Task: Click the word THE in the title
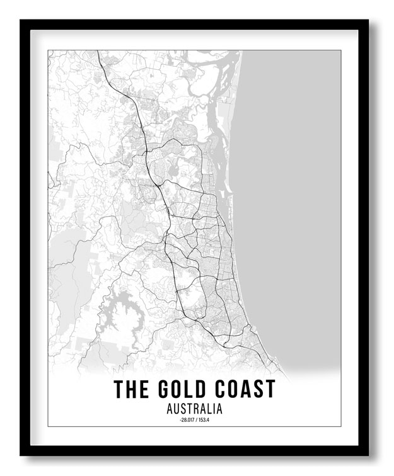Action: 130,388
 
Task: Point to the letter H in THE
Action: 130,388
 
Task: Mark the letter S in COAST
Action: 258,388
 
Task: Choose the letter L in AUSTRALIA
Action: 209,409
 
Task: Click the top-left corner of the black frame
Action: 21,20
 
